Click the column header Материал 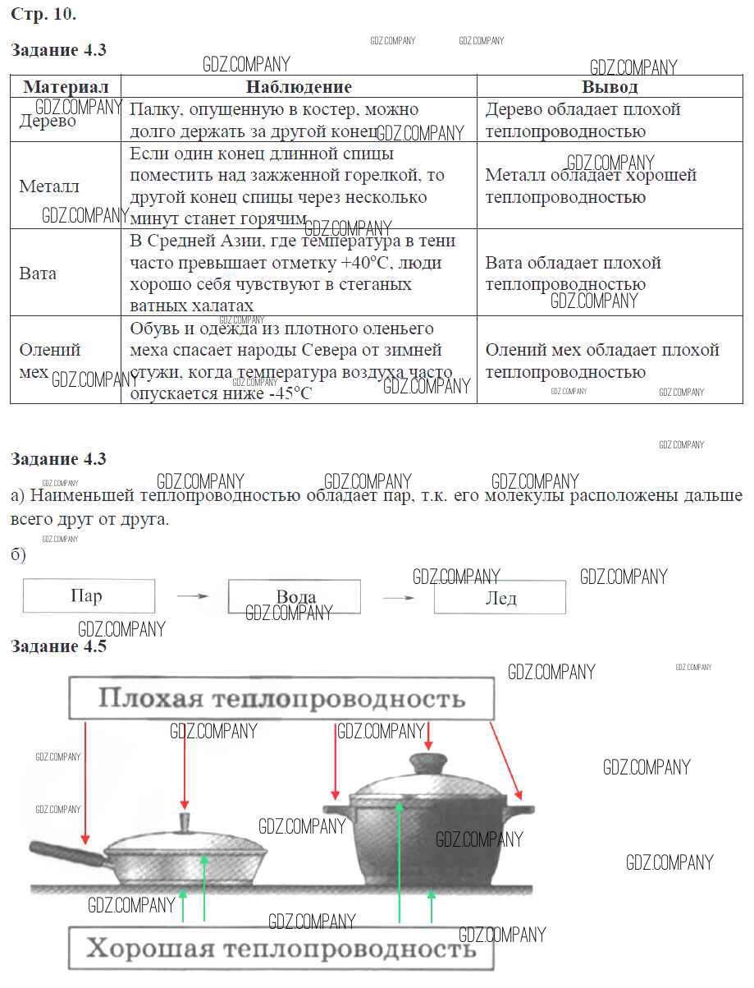pyautogui.click(x=66, y=87)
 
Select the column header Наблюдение pyautogui.click(x=299, y=87)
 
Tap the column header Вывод pyautogui.click(x=610, y=87)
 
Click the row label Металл pyautogui.click(x=49, y=186)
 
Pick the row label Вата pyautogui.click(x=38, y=273)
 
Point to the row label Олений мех pyautogui.click(x=50, y=361)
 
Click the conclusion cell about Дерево pyautogui.click(x=583, y=120)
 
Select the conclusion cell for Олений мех pyautogui.click(x=602, y=361)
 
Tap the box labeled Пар pyautogui.click(x=89, y=596)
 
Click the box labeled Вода pyautogui.click(x=295, y=597)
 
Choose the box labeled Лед pyautogui.click(x=500, y=597)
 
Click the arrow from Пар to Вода pyautogui.click(x=192, y=596)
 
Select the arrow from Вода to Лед pyautogui.click(x=398, y=597)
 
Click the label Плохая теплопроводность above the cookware pyautogui.click(x=281, y=699)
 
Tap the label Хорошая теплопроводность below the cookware pyautogui.click(x=281, y=949)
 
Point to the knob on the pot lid pyautogui.click(x=428, y=761)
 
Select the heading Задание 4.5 pyautogui.click(x=58, y=646)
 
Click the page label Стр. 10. pyautogui.click(x=43, y=14)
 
